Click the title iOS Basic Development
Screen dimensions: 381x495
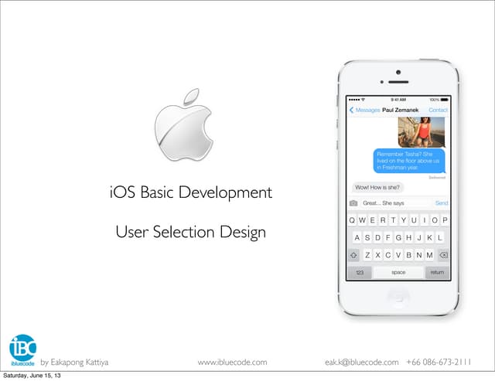pos(190,191)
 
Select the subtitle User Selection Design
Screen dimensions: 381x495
pos(190,231)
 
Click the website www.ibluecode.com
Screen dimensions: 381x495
pos(232,362)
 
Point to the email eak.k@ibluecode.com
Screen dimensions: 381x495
pos(362,362)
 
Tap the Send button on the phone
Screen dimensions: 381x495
pos(441,203)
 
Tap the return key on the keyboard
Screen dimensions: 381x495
pos(437,272)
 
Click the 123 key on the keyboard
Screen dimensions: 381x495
pos(359,272)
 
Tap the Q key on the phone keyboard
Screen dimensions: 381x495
pos(353,220)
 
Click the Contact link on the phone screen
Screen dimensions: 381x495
pos(438,111)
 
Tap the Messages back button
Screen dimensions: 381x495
pos(364,111)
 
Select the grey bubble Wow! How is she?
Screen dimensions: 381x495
pos(377,187)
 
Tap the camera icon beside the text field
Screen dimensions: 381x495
pos(353,203)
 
